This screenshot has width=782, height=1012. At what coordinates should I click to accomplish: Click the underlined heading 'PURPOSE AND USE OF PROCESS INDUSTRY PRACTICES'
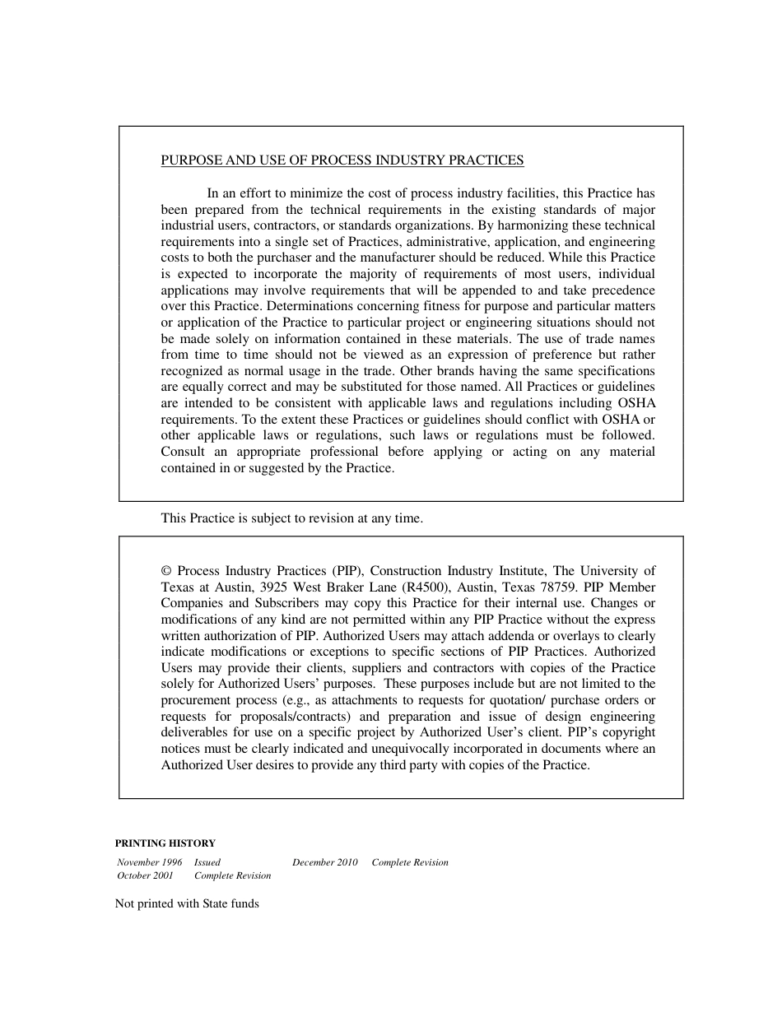(x=342, y=160)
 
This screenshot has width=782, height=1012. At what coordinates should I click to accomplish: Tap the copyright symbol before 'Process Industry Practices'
(x=165, y=571)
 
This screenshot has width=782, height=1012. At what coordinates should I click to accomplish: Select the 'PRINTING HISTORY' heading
(x=165, y=843)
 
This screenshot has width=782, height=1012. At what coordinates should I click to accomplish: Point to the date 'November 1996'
(x=150, y=862)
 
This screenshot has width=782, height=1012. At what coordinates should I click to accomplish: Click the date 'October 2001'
(x=146, y=875)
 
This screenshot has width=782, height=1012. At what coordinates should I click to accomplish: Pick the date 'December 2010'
(x=325, y=862)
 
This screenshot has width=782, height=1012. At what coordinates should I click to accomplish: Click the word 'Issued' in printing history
(x=207, y=862)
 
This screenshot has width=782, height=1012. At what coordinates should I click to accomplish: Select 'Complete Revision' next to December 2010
(x=410, y=862)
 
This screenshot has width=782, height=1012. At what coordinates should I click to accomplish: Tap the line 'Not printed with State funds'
(x=187, y=903)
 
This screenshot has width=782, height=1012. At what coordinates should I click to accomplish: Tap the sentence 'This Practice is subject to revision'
(x=292, y=518)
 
